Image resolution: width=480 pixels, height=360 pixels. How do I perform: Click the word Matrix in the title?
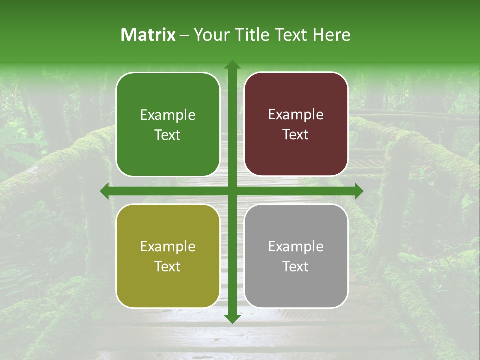[148, 35]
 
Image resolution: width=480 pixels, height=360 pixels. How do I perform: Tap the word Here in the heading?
[332, 35]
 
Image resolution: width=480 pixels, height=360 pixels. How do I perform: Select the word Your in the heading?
[210, 35]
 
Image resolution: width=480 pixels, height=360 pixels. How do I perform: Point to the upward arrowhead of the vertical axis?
[232, 65]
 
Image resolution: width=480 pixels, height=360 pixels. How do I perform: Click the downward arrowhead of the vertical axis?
[232, 318]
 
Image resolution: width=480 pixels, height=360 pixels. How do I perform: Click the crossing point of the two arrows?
[232, 191]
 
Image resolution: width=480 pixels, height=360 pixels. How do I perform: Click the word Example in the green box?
[168, 115]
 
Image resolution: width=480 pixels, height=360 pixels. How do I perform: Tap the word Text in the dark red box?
[296, 135]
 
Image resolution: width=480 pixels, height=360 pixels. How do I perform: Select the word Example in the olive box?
[168, 247]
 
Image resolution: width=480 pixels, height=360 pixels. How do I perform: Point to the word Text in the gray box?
[296, 266]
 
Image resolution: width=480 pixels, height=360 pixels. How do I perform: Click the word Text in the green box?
[168, 135]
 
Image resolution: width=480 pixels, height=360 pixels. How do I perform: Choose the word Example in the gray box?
[296, 246]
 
